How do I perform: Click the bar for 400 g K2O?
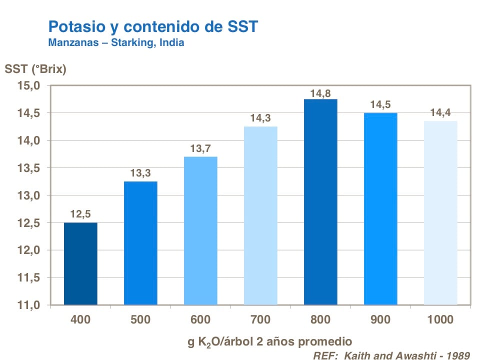click(x=80, y=263)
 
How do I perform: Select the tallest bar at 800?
click(x=320, y=202)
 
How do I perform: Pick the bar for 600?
click(x=200, y=230)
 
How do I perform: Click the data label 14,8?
click(x=320, y=93)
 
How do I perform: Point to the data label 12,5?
click(x=80, y=216)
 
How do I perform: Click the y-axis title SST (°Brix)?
click(x=35, y=69)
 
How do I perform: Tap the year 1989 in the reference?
click(x=457, y=355)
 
